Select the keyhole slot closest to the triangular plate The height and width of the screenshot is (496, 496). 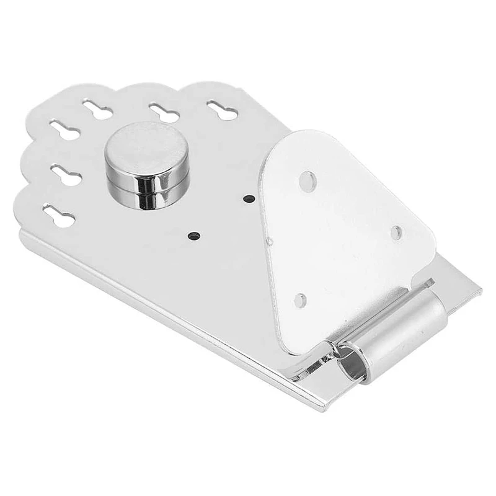[x=221, y=111]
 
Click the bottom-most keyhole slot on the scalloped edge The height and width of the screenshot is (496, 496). [x=59, y=216]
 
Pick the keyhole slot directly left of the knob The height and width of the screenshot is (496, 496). [x=66, y=175]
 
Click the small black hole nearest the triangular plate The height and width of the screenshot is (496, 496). [x=249, y=199]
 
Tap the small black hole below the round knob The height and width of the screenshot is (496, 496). [x=194, y=236]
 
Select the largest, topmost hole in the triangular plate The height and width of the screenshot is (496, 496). [x=307, y=181]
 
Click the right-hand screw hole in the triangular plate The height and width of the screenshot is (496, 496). [x=396, y=232]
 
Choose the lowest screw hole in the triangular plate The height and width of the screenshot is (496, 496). [x=300, y=301]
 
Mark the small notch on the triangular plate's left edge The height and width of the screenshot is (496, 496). [x=270, y=240]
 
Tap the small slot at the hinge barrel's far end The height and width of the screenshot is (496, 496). [x=428, y=285]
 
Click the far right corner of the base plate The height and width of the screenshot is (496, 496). [x=479, y=288]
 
